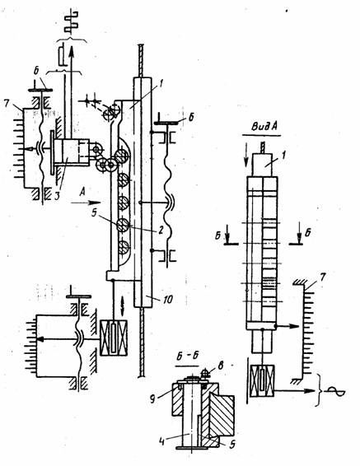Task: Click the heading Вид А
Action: [264, 126]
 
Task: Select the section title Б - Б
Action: [187, 356]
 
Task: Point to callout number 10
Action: [167, 299]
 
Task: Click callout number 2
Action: [161, 230]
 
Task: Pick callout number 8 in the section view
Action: [220, 366]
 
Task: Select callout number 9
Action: [152, 399]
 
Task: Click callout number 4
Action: [162, 440]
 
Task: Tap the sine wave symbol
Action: [335, 392]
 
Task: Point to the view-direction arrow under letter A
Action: [86, 203]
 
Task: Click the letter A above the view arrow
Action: [82, 192]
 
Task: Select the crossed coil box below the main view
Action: [114, 338]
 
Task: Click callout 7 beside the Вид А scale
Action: [323, 277]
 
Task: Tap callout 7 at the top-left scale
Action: [7, 103]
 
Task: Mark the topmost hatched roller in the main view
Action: [122, 156]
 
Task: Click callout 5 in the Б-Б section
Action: [232, 444]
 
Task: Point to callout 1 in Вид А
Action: [283, 155]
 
